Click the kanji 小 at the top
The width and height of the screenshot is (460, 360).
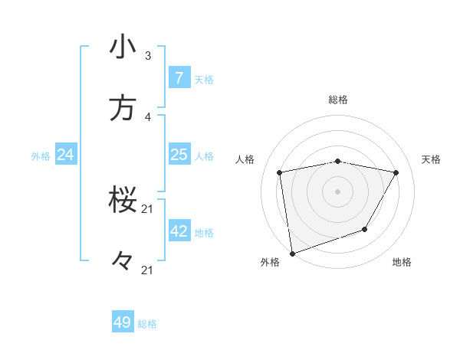point(123,47)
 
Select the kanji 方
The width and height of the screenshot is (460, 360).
point(123,108)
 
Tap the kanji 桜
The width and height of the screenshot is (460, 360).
point(123,201)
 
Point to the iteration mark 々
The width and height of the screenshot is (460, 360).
point(123,262)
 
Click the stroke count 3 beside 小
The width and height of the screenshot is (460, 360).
point(148,56)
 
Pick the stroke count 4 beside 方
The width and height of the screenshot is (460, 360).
point(148,116)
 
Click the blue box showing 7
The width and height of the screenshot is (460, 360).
point(179,77)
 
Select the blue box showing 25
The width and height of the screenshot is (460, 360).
point(179,155)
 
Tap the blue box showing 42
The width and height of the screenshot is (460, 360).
point(179,231)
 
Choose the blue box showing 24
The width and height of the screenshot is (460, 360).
point(65,155)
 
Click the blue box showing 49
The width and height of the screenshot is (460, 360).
point(123,322)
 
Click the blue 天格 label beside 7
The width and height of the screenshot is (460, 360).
point(204,79)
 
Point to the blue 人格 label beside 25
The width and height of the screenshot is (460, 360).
point(204,156)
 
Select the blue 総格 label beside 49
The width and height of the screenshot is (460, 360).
point(147,324)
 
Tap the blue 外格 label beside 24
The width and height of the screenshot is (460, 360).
point(41,156)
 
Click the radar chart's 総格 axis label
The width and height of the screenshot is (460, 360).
point(337,100)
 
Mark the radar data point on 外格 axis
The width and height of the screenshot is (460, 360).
point(292,253)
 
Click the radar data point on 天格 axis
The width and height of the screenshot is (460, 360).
point(396,172)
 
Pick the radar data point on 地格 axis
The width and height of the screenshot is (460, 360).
point(365,229)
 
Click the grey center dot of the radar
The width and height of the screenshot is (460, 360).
point(337,191)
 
